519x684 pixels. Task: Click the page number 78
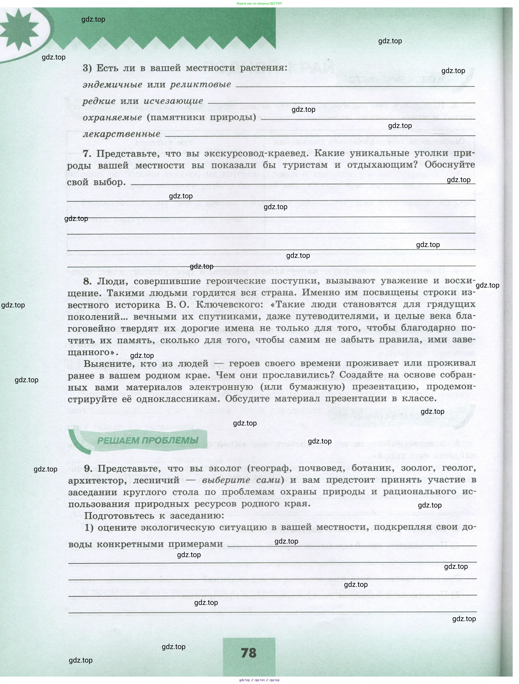(x=249, y=652)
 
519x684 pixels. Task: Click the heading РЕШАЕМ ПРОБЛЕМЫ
(x=148, y=440)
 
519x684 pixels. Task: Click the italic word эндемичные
(x=113, y=85)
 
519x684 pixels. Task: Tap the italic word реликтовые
(x=201, y=85)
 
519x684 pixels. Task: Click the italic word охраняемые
(x=113, y=117)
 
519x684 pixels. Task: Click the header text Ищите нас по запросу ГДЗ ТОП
(x=259, y=3)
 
